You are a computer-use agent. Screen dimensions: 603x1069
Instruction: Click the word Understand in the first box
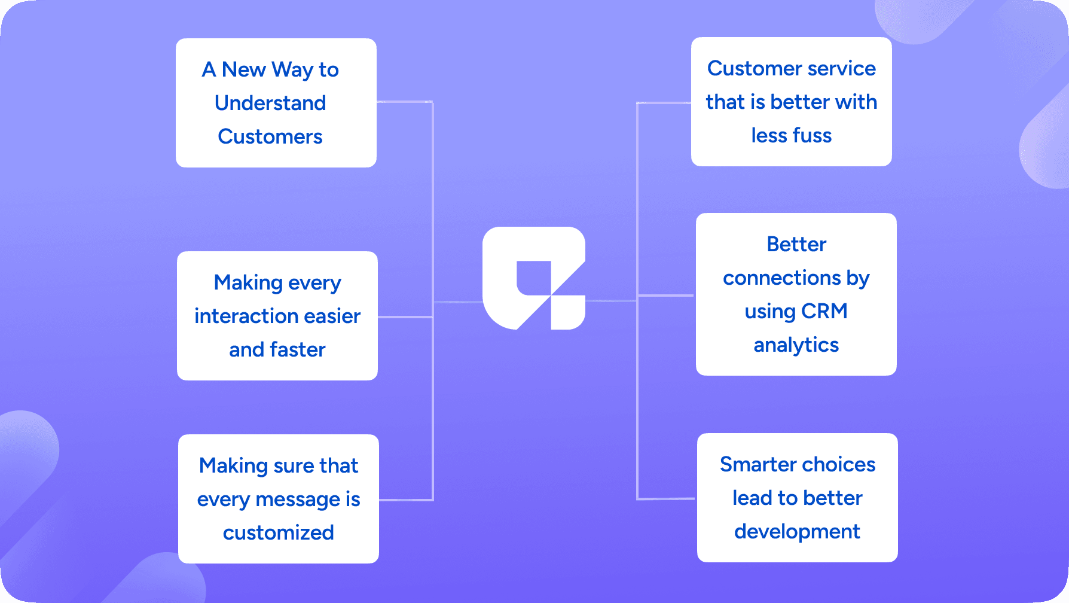click(x=270, y=103)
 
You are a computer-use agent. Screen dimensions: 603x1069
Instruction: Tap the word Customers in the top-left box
click(x=270, y=136)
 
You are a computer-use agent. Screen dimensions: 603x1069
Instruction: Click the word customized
click(x=278, y=532)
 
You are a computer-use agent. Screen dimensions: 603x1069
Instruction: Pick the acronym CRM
click(x=824, y=311)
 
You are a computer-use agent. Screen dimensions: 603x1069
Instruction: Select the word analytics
click(x=796, y=345)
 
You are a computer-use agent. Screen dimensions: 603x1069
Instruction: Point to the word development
click(x=797, y=531)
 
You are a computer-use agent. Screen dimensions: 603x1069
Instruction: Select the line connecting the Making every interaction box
click(x=405, y=316)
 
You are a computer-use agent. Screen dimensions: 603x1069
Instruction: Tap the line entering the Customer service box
click(x=664, y=103)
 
